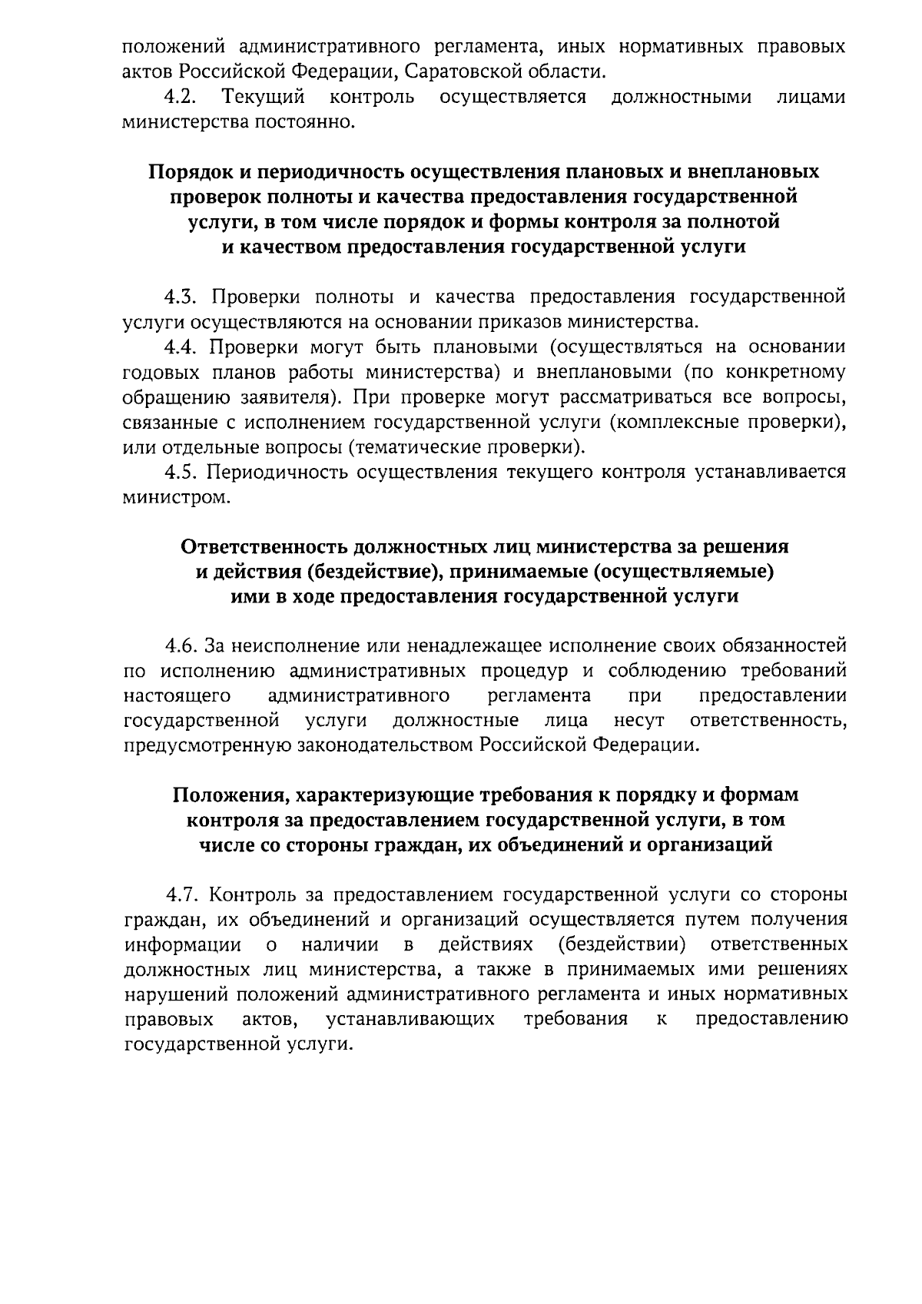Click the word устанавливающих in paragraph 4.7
click(410, 1020)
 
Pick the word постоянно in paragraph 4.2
click(309, 123)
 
